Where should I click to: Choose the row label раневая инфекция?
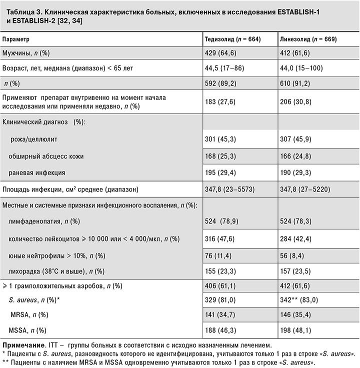37,172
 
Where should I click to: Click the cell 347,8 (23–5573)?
233,189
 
